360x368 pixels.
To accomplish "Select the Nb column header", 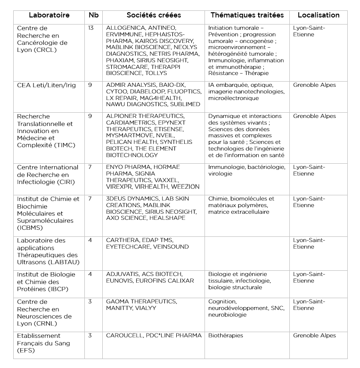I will click(93, 15).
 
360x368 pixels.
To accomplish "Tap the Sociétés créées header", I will click(154, 15).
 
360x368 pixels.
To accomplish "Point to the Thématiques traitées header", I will click(247, 15).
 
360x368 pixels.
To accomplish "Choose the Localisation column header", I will click(319, 15).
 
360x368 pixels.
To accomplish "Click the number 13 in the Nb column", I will click(91, 28).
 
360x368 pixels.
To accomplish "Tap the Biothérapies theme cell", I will click(226, 335).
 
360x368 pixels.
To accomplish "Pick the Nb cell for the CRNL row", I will click(90, 301).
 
